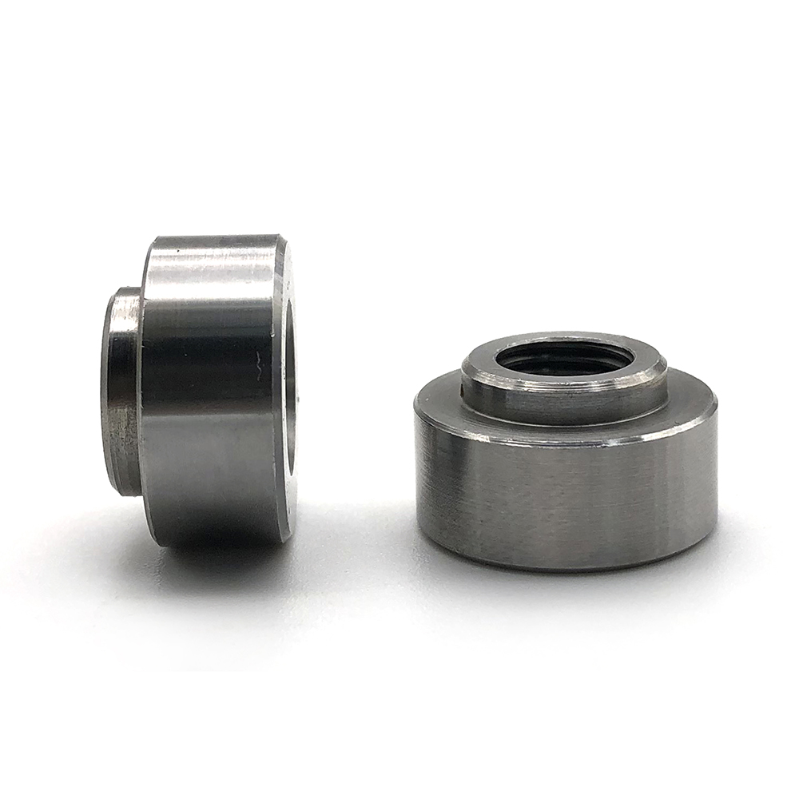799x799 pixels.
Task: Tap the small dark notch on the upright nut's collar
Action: tap(465, 390)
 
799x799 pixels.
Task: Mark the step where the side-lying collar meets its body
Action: tap(142, 392)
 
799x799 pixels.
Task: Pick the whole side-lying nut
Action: tap(200, 392)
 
